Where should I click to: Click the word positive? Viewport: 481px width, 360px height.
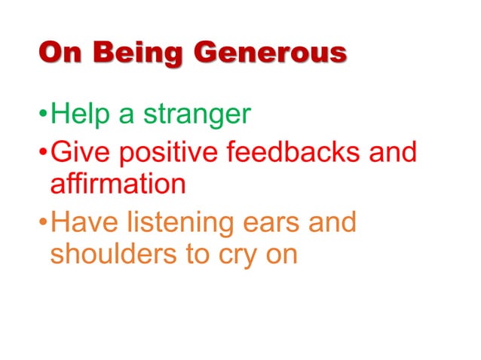[x=160, y=153]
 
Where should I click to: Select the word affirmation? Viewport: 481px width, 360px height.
[x=118, y=185]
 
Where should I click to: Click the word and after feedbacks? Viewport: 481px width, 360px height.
[x=392, y=153]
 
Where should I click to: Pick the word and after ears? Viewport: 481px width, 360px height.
[x=331, y=224]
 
